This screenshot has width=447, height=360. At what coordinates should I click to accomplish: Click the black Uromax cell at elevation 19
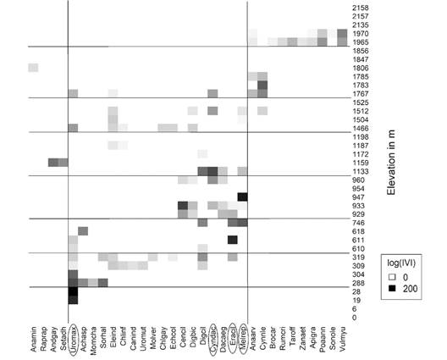pos(74,298)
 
